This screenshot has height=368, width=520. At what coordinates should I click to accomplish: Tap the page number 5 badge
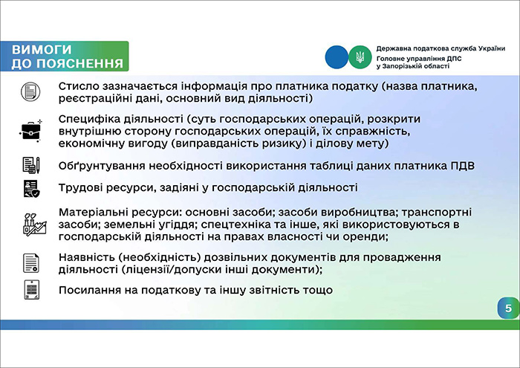click(x=507, y=309)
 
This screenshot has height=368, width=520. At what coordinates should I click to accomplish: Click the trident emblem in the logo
click(x=360, y=57)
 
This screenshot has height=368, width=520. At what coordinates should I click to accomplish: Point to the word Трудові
click(x=79, y=188)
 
